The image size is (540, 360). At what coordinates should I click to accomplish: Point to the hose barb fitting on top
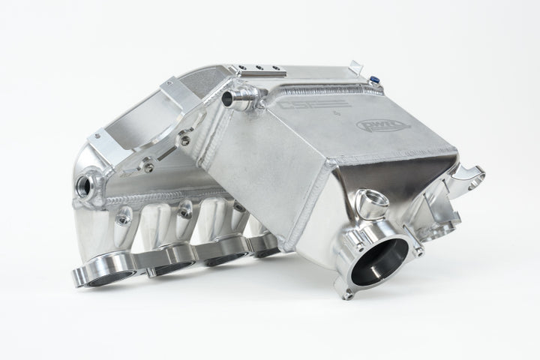tap(238, 100)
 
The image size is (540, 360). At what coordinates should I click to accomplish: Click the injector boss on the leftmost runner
tap(123, 217)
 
